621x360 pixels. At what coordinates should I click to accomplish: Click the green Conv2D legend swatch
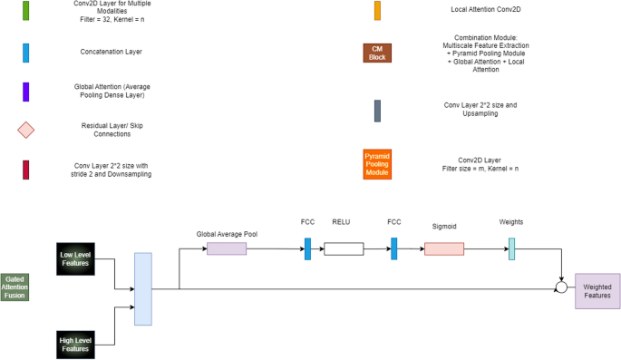point(26,10)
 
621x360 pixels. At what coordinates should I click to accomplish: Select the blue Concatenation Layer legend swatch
point(26,52)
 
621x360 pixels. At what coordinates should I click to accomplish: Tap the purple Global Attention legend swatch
point(26,91)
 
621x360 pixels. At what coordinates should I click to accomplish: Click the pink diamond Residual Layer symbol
point(26,130)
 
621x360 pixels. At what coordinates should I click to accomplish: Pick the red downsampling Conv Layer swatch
point(26,170)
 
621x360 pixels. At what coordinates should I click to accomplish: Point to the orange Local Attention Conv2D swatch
point(377,10)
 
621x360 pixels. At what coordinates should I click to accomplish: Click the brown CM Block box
point(376,53)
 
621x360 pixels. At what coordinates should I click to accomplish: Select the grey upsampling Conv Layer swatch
point(376,110)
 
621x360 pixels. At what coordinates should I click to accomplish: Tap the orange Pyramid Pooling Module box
point(376,164)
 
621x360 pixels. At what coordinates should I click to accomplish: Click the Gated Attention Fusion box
point(15,287)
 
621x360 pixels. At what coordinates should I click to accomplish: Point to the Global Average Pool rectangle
point(227,248)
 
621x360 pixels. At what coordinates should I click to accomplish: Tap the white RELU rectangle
point(344,248)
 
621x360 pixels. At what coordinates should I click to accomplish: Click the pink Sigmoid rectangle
point(443,248)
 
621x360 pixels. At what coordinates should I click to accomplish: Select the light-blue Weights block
point(511,248)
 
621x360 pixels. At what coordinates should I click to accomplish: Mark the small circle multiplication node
point(562,287)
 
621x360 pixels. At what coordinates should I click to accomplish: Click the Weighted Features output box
point(597,290)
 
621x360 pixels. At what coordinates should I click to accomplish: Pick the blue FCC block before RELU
point(307,248)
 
